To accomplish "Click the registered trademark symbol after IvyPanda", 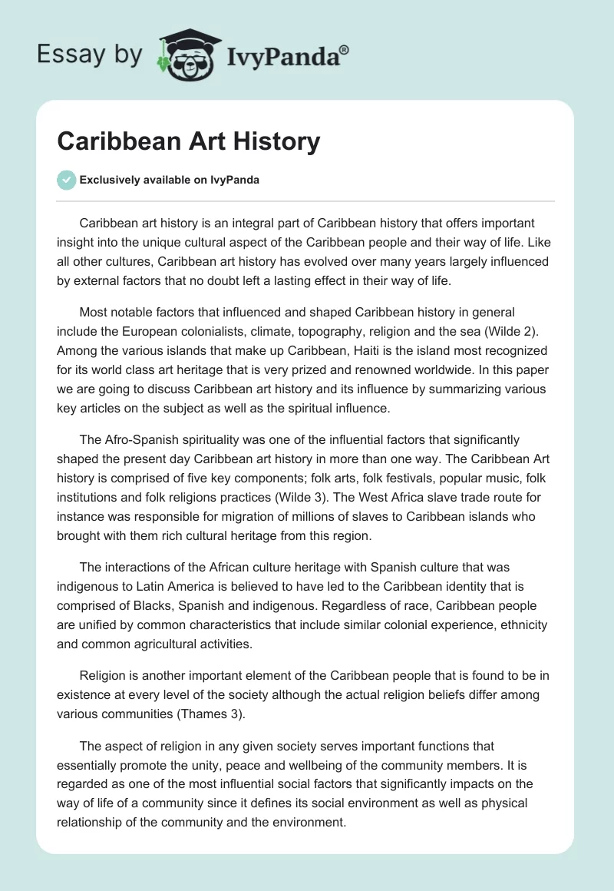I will tap(345, 51).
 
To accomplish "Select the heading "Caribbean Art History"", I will tap(189, 141).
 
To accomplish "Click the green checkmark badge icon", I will tap(66, 180).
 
